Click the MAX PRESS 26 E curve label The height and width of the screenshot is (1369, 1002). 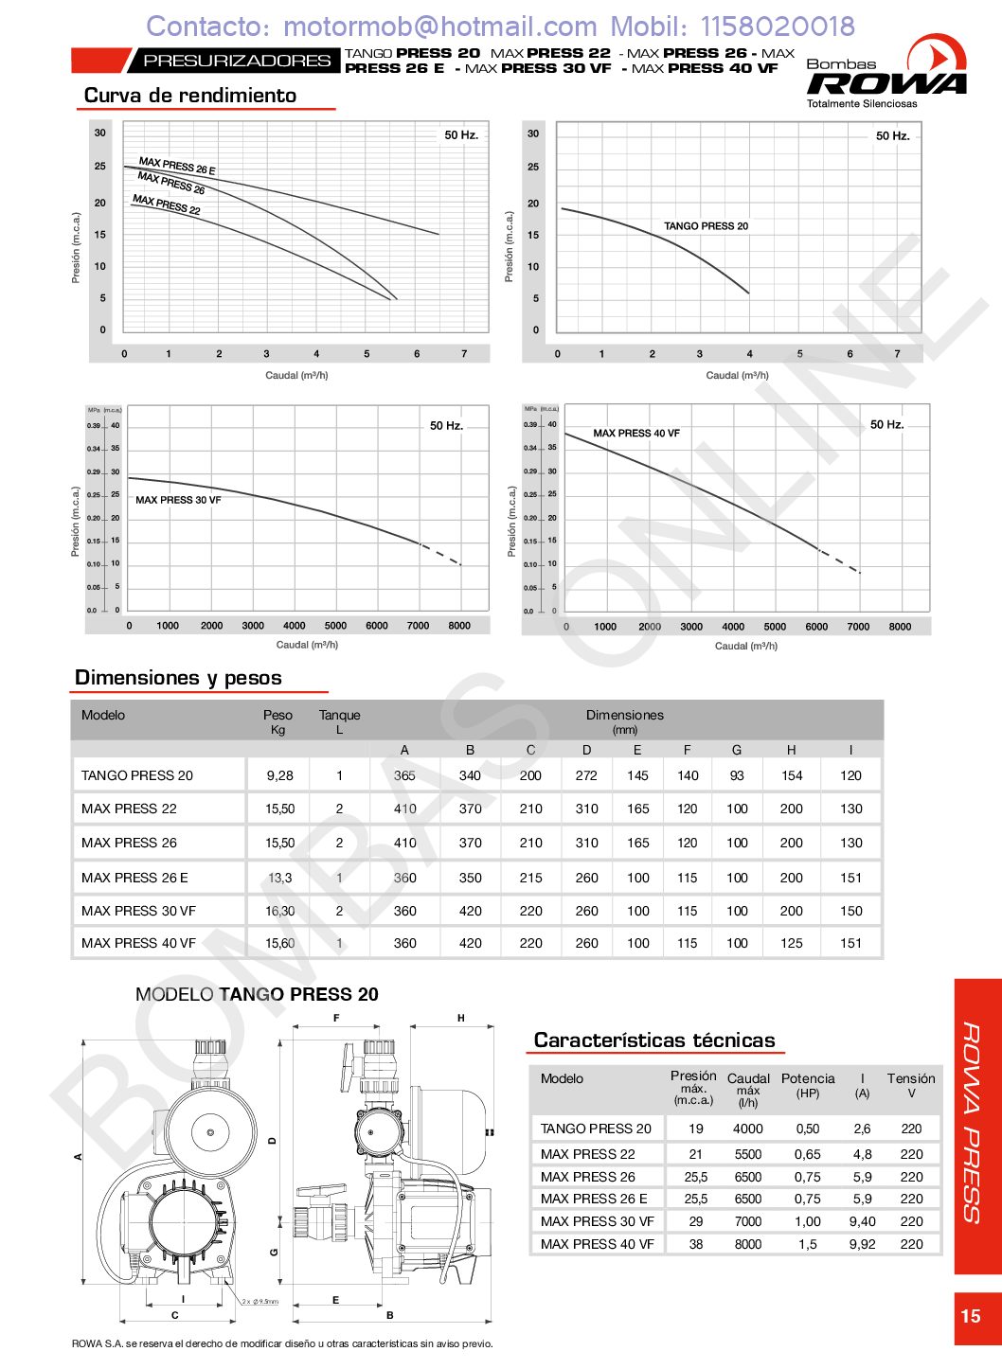177,167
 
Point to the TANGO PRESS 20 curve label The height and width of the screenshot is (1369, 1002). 706,226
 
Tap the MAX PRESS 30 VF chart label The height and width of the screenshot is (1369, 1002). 178,500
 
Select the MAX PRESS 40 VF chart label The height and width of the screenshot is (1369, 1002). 636,434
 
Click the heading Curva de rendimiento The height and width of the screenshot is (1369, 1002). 190,96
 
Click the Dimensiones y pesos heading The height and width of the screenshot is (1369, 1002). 178,678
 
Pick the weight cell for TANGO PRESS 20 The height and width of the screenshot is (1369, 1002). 279,775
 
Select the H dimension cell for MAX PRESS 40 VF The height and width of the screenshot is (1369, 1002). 791,943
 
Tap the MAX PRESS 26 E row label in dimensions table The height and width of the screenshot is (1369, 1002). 134,878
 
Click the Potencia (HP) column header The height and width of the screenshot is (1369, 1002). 808,1085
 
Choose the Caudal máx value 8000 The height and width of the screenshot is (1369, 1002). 747,1244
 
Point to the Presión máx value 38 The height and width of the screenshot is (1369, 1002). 695,1244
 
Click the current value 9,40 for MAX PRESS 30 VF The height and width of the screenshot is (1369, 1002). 862,1221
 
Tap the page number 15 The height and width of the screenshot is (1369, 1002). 971,1316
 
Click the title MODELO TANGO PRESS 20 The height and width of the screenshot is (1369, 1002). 257,995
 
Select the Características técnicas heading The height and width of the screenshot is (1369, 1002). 654,1040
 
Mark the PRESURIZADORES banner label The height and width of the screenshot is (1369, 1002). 237,61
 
